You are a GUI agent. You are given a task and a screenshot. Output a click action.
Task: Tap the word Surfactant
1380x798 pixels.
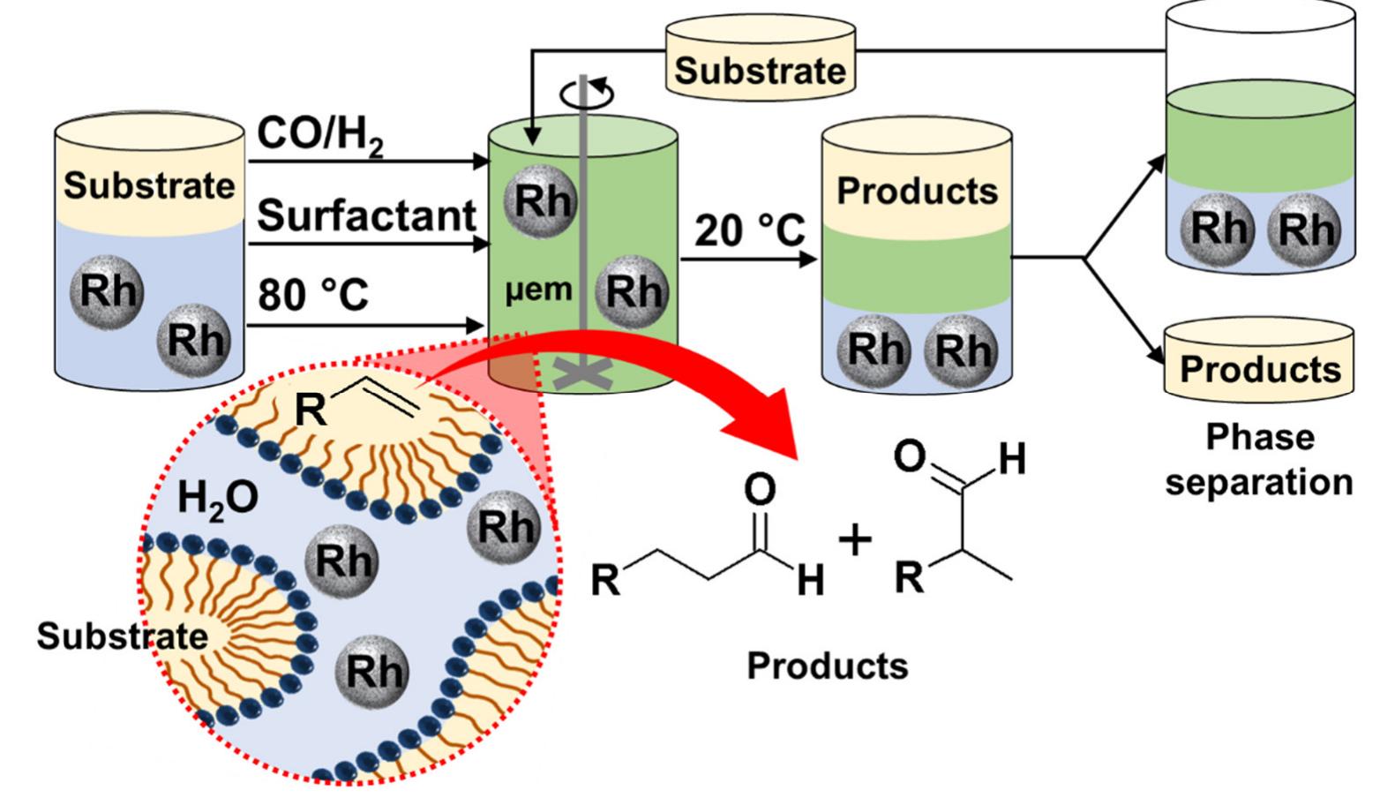point(366,215)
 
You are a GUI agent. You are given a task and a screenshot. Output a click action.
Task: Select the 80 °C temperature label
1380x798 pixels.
point(313,295)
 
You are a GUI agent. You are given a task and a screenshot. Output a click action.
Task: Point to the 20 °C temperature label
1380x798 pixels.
point(749,231)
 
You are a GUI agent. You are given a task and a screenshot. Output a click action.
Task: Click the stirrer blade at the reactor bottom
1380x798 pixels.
point(583,375)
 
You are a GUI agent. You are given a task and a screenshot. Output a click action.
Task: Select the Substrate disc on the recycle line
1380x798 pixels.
point(760,69)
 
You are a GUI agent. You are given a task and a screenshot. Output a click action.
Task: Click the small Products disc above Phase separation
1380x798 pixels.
point(1259,367)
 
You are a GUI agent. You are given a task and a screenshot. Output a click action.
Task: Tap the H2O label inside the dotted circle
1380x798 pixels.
point(217,499)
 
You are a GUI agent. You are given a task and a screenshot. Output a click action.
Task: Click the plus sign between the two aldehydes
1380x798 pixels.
point(854,540)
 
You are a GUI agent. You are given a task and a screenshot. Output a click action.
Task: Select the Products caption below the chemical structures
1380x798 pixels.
point(827,666)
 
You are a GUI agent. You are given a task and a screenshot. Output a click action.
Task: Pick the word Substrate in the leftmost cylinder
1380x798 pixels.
point(149,186)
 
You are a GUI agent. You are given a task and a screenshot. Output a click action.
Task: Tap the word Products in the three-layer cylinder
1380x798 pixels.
point(917,192)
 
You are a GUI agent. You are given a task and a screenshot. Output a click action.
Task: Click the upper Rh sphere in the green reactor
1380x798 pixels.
point(541,202)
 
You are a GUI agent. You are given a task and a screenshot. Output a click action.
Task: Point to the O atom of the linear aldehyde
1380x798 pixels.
point(760,489)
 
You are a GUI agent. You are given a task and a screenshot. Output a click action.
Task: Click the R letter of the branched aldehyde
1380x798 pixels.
point(910,577)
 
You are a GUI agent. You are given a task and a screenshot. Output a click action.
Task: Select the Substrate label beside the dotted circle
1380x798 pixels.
point(122,636)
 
